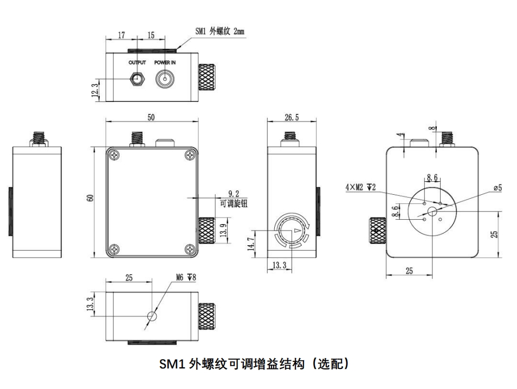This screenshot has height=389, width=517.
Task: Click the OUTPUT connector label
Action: (x=137, y=62)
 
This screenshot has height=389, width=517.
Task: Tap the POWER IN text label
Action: (x=165, y=62)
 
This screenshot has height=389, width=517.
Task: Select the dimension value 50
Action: (x=151, y=117)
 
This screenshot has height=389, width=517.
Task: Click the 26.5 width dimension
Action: (x=292, y=117)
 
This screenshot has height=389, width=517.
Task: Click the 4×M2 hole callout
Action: (x=359, y=187)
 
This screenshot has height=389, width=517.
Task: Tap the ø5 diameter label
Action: (x=497, y=188)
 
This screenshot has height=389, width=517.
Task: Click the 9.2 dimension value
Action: (x=234, y=194)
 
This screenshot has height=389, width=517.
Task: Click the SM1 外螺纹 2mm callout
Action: (x=219, y=31)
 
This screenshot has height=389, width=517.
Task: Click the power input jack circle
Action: (x=165, y=79)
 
